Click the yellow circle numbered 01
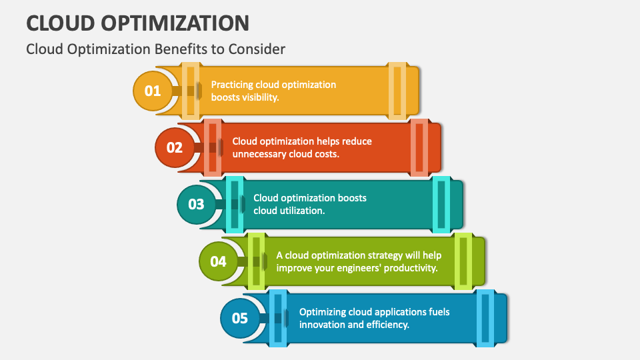click(153, 91)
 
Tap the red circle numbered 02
click(174, 147)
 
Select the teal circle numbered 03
click(196, 204)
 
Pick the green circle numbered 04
click(219, 261)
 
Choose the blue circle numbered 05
click(239, 318)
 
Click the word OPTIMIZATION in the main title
click(175, 23)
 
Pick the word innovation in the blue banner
click(317, 325)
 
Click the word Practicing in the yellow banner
click(232, 85)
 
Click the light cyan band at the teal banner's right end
click(441, 205)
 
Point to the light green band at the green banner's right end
click(463, 261)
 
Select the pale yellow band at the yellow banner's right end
click(397, 91)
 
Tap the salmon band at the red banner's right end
click(419, 147)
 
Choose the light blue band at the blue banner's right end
click(485, 319)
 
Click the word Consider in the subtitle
click(257, 49)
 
